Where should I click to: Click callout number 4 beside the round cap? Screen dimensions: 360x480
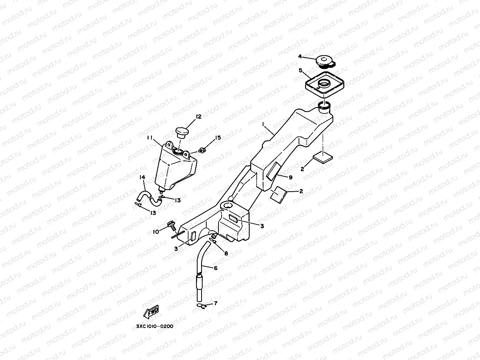click(300, 57)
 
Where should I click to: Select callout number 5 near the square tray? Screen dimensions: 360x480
click(301, 71)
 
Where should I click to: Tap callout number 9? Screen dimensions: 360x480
click(291, 177)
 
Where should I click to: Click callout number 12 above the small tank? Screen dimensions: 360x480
click(198, 117)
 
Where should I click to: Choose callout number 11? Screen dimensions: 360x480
click(150, 138)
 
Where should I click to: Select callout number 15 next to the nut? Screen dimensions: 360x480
click(218, 138)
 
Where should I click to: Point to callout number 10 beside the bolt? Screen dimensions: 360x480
click(156, 231)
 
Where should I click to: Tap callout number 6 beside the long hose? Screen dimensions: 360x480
click(216, 268)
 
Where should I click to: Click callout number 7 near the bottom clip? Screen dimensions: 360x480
click(215, 303)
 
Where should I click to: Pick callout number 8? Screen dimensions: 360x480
click(226, 253)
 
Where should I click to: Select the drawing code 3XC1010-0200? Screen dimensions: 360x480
click(155, 326)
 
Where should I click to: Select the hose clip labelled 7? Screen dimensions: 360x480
click(201, 306)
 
